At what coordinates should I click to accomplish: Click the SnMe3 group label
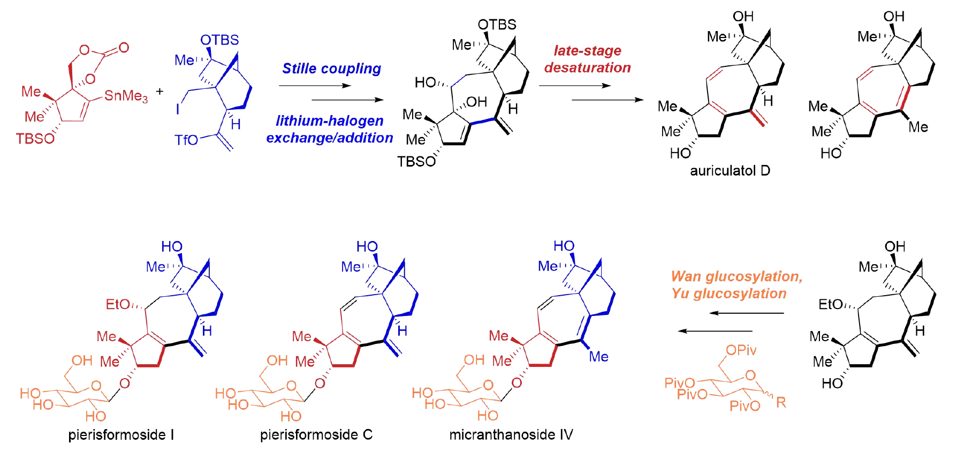126,96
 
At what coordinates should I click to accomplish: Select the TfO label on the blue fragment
186,140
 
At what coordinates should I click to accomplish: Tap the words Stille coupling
331,69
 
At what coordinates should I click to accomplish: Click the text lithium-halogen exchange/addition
329,129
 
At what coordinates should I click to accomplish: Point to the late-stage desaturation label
587,59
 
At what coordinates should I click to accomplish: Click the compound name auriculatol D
730,171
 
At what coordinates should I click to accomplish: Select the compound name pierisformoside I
121,434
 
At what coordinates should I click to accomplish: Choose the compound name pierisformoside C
316,434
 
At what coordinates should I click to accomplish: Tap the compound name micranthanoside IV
511,434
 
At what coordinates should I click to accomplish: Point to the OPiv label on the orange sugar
741,350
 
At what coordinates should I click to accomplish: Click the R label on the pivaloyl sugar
781,402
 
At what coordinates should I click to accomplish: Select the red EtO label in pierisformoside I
118,304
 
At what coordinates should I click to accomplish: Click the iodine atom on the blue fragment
178,109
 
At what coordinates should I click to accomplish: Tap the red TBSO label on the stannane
35,139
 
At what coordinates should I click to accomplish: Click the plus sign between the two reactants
159,92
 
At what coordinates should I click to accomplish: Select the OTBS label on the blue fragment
219,40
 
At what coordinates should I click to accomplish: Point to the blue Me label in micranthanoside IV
598,357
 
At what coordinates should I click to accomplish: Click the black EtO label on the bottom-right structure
831,304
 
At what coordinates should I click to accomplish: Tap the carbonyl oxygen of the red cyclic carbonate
124,48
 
